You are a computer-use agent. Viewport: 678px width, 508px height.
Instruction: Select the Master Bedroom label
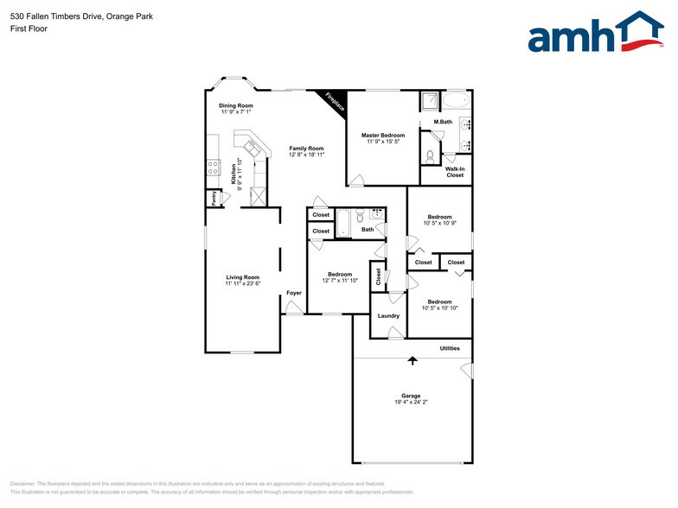(382, 135)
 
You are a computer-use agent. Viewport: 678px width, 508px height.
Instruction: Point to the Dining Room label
(235, 105)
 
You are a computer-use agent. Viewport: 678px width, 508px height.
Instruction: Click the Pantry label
(213, 198)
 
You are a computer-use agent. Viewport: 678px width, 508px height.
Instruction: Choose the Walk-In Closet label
(455, 171)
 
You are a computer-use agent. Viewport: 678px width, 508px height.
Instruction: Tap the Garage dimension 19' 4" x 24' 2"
(411, 403)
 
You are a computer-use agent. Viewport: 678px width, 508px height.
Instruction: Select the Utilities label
(450, 348)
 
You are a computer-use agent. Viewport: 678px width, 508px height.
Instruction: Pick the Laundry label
(388, 316)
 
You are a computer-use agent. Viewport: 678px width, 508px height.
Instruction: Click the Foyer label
(294, 294)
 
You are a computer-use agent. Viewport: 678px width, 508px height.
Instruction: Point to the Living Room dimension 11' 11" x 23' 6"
(243, 283)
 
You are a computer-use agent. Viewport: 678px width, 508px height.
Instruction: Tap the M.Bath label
(443, 122)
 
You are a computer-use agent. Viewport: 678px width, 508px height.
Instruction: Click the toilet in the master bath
(431, 156)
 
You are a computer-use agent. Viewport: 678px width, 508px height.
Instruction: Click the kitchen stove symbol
(213, 168)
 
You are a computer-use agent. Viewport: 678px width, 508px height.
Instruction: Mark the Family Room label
(306, 148)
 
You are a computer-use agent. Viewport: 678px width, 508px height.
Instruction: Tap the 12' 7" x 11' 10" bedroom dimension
(340, 281)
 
